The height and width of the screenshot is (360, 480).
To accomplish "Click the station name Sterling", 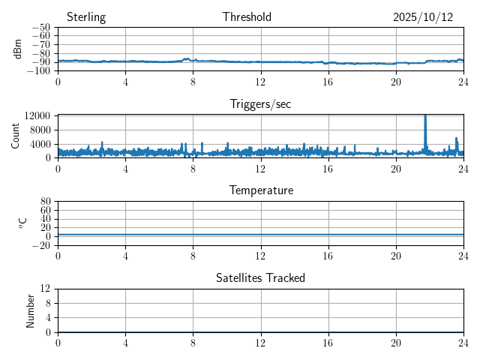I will [86, 17].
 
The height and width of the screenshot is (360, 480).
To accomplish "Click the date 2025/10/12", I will [423, 17].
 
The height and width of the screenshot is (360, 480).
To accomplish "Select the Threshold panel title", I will [247, 17].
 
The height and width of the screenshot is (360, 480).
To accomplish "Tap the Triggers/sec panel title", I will [260, 104].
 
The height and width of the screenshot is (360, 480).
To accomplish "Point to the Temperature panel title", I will [260, 190].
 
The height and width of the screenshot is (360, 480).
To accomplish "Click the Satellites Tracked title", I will [260, 277].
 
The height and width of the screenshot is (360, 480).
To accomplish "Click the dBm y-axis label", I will [18, 49].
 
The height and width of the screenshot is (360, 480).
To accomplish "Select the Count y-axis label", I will [16, 136].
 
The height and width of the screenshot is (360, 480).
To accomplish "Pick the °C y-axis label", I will [22, 223].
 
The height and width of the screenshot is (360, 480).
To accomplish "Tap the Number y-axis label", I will [31, 310].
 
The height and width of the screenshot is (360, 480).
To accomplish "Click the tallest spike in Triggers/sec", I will [425, 116].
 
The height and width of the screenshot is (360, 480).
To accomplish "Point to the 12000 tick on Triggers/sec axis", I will [37, 115].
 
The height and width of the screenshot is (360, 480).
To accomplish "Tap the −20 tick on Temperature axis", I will [41, 245].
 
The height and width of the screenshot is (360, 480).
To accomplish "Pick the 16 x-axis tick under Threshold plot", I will [328, 81].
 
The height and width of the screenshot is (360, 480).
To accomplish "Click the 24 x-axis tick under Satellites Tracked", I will [463, 342].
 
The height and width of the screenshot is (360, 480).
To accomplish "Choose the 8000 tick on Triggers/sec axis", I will [39, 129].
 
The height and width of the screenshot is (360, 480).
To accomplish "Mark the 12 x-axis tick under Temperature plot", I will [260, 255].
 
